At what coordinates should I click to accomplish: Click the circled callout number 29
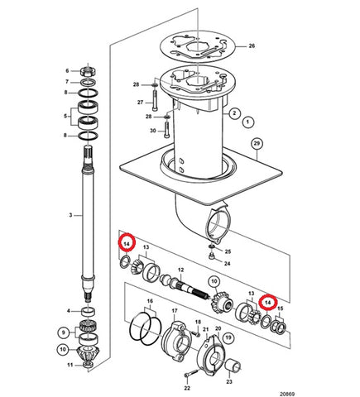(257, 144)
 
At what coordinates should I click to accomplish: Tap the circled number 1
(247, 122)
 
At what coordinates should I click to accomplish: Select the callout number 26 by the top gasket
(252, 45)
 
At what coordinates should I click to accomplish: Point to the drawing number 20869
(287, 394)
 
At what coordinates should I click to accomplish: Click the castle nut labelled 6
(88, 71)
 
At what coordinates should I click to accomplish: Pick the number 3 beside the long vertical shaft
(70, 215)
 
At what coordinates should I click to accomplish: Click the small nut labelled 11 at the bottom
(89, 365)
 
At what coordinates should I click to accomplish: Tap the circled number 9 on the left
(64, 332)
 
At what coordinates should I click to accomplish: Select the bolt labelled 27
(156, 100)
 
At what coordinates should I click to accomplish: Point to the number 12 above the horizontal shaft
(180, 270)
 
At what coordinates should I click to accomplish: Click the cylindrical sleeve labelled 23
(233, 367)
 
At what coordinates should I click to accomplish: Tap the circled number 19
(228, 337)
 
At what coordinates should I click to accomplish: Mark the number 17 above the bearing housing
(175, 311)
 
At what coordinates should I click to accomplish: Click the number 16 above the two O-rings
(150, 301)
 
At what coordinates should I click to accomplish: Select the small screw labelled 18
(197, 334)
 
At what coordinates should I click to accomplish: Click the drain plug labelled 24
(212, 256)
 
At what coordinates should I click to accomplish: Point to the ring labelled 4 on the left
(89, 312)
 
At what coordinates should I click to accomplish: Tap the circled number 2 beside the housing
(234, 113)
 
